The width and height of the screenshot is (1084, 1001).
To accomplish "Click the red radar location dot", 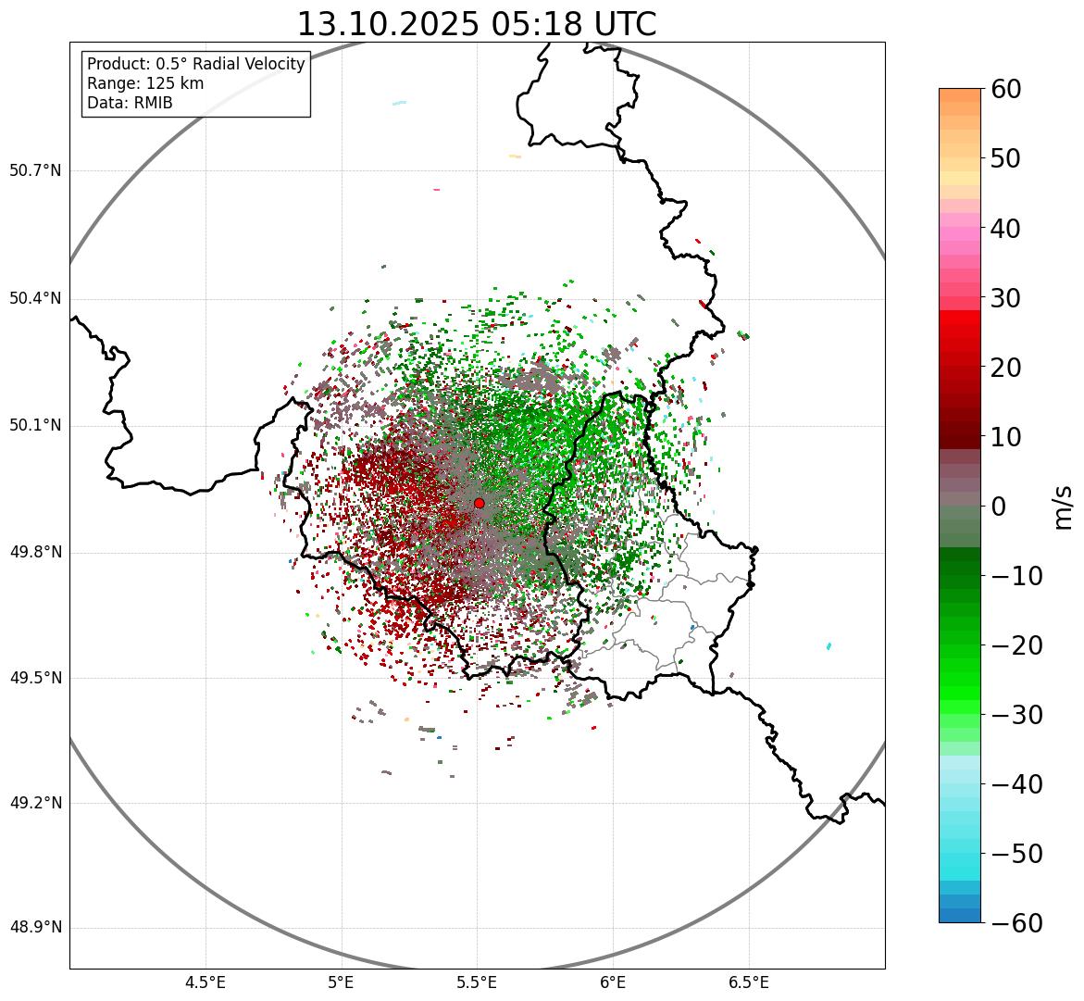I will pos(479,503).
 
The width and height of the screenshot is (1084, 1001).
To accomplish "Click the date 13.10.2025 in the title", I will pos(388,24).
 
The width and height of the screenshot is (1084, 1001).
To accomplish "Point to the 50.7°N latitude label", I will pos(35,170).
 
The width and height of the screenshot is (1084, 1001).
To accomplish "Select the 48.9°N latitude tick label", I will pos(35,928).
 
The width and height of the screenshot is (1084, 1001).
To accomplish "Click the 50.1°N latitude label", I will pos(35,426).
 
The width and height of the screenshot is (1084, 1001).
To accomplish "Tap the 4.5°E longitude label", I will pos(206,982).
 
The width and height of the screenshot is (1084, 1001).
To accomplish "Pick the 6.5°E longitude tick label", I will pos(748,982).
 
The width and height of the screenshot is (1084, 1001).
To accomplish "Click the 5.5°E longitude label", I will pos(477,982).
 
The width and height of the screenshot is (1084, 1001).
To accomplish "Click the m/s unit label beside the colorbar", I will pos(1064,506).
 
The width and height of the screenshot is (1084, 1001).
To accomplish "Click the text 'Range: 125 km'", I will pos(145,83).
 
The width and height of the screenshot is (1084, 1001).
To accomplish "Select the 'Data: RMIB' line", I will pos(130,103).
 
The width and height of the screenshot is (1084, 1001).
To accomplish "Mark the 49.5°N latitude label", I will pos(35,678).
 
